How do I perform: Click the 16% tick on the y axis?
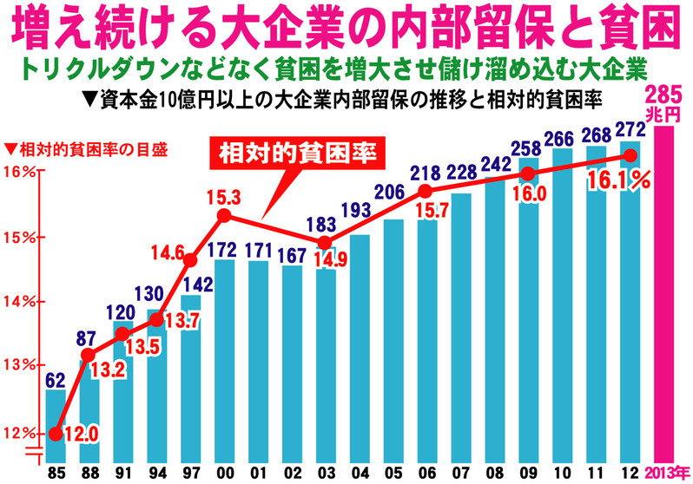click(19, 171)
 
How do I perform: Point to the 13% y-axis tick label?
click(19, 365)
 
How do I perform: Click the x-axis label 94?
click(157, 474)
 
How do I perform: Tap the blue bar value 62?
click(56, 379)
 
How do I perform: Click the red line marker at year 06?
click(425, 191)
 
